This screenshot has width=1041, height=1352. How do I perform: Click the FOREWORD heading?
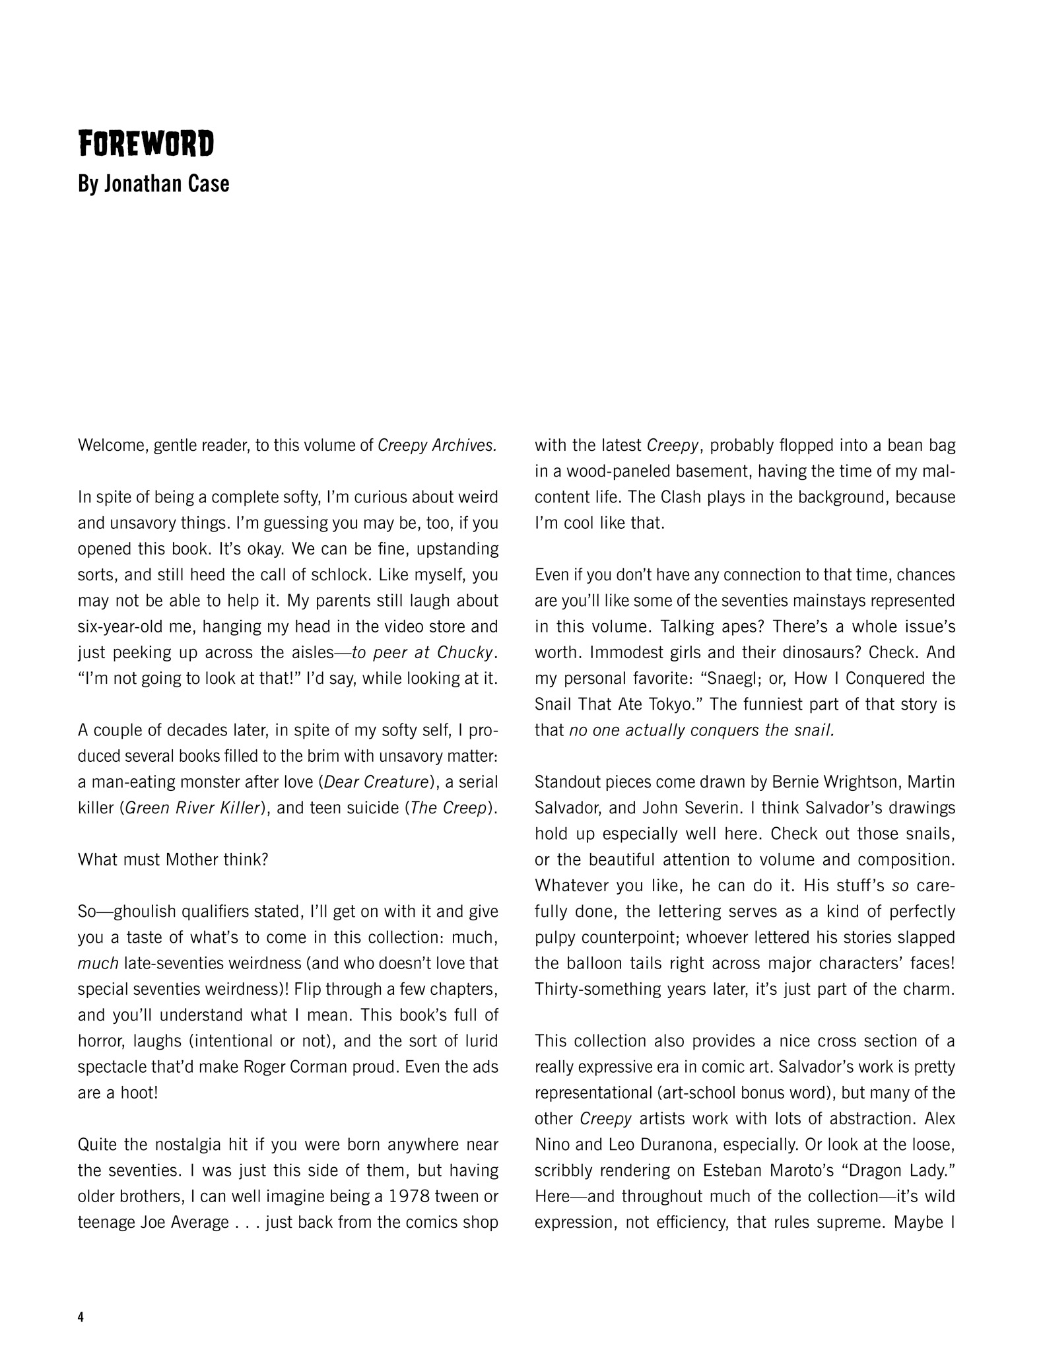coord(146,144)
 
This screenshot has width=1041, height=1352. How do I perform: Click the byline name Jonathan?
coord(141,184)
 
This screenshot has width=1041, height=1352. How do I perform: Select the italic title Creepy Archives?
coord(436,446)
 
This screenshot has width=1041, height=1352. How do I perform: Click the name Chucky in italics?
coord(469,653)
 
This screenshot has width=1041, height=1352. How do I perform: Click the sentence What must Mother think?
coord(173,860)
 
